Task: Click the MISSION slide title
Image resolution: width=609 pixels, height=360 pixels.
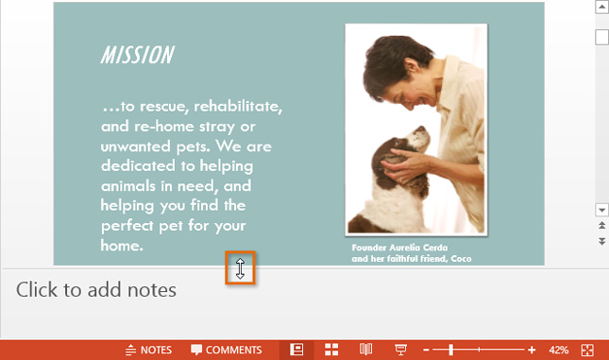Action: tap(137, 55)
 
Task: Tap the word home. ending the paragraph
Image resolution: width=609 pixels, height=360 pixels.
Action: tap(122, 246)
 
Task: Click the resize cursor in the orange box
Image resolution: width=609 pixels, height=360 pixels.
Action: tap(241, 268)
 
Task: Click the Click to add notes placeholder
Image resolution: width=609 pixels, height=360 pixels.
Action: tap(96, 290)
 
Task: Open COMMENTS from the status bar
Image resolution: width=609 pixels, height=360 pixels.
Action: tap(227, 350)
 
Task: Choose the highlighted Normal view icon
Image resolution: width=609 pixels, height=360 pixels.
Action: tap(296, 350)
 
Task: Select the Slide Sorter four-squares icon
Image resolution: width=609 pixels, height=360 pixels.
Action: tap(331, 350)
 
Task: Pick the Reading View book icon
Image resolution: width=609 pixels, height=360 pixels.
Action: tap(366, 350)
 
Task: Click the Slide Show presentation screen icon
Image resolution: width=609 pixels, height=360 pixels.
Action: tap(400, 350)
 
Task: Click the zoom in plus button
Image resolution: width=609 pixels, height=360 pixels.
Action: tap(533, 350)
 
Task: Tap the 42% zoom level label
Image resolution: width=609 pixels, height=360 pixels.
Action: tap(559, 350)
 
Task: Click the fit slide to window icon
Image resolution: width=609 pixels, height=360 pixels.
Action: tap(588, 350)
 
